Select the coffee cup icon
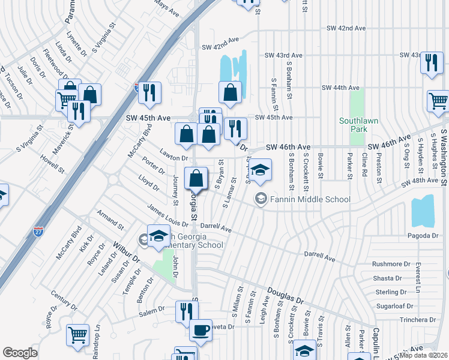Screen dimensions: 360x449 pos(200,331)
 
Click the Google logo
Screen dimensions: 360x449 pos(20,353)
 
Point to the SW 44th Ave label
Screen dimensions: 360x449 pos(338,88)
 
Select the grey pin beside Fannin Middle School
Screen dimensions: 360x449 pos(261,199)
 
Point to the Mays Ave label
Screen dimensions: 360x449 pos(167,10)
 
